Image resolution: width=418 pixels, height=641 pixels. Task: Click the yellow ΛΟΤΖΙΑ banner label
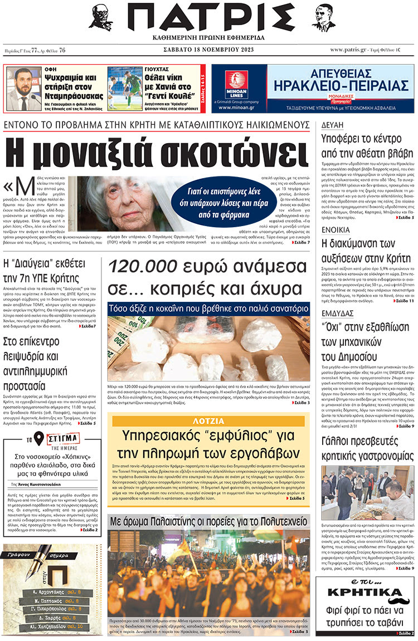tap(208, 420)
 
